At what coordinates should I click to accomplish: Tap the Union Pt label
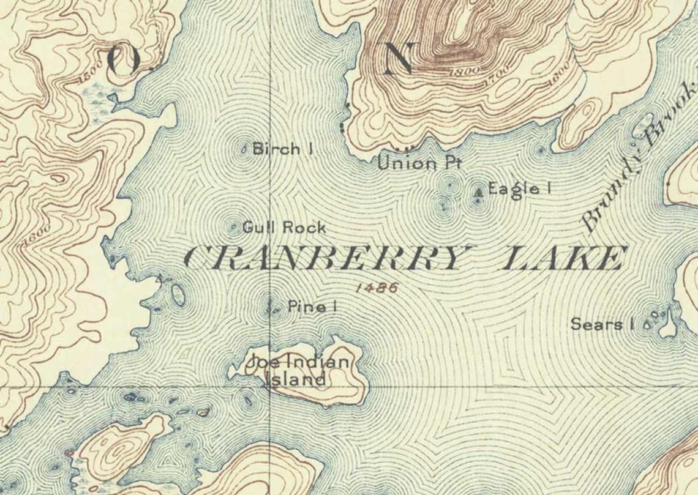point(418,163)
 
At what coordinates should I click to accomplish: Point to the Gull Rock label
point(284,228)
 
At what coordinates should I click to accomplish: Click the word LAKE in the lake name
point(564,258)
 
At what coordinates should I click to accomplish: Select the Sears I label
point(602,324)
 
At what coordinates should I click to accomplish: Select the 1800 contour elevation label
point(463,72)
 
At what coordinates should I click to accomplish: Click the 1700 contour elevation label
point(495,78)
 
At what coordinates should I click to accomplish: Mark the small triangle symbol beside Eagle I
point(478,194)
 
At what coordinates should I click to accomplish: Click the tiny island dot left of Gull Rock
point(233,228)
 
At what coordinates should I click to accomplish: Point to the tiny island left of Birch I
point(244,149)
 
